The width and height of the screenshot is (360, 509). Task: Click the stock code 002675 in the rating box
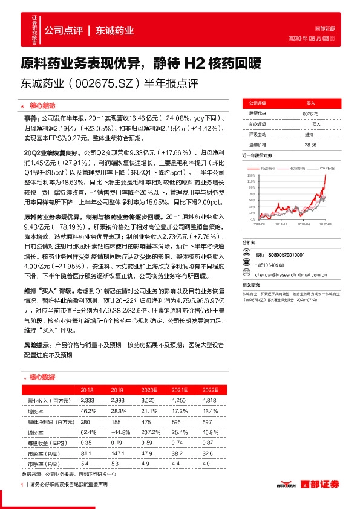tap(310, 114)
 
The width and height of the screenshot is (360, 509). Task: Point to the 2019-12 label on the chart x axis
tap(284, 224)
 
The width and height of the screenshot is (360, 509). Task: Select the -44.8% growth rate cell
tap(119, 432)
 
